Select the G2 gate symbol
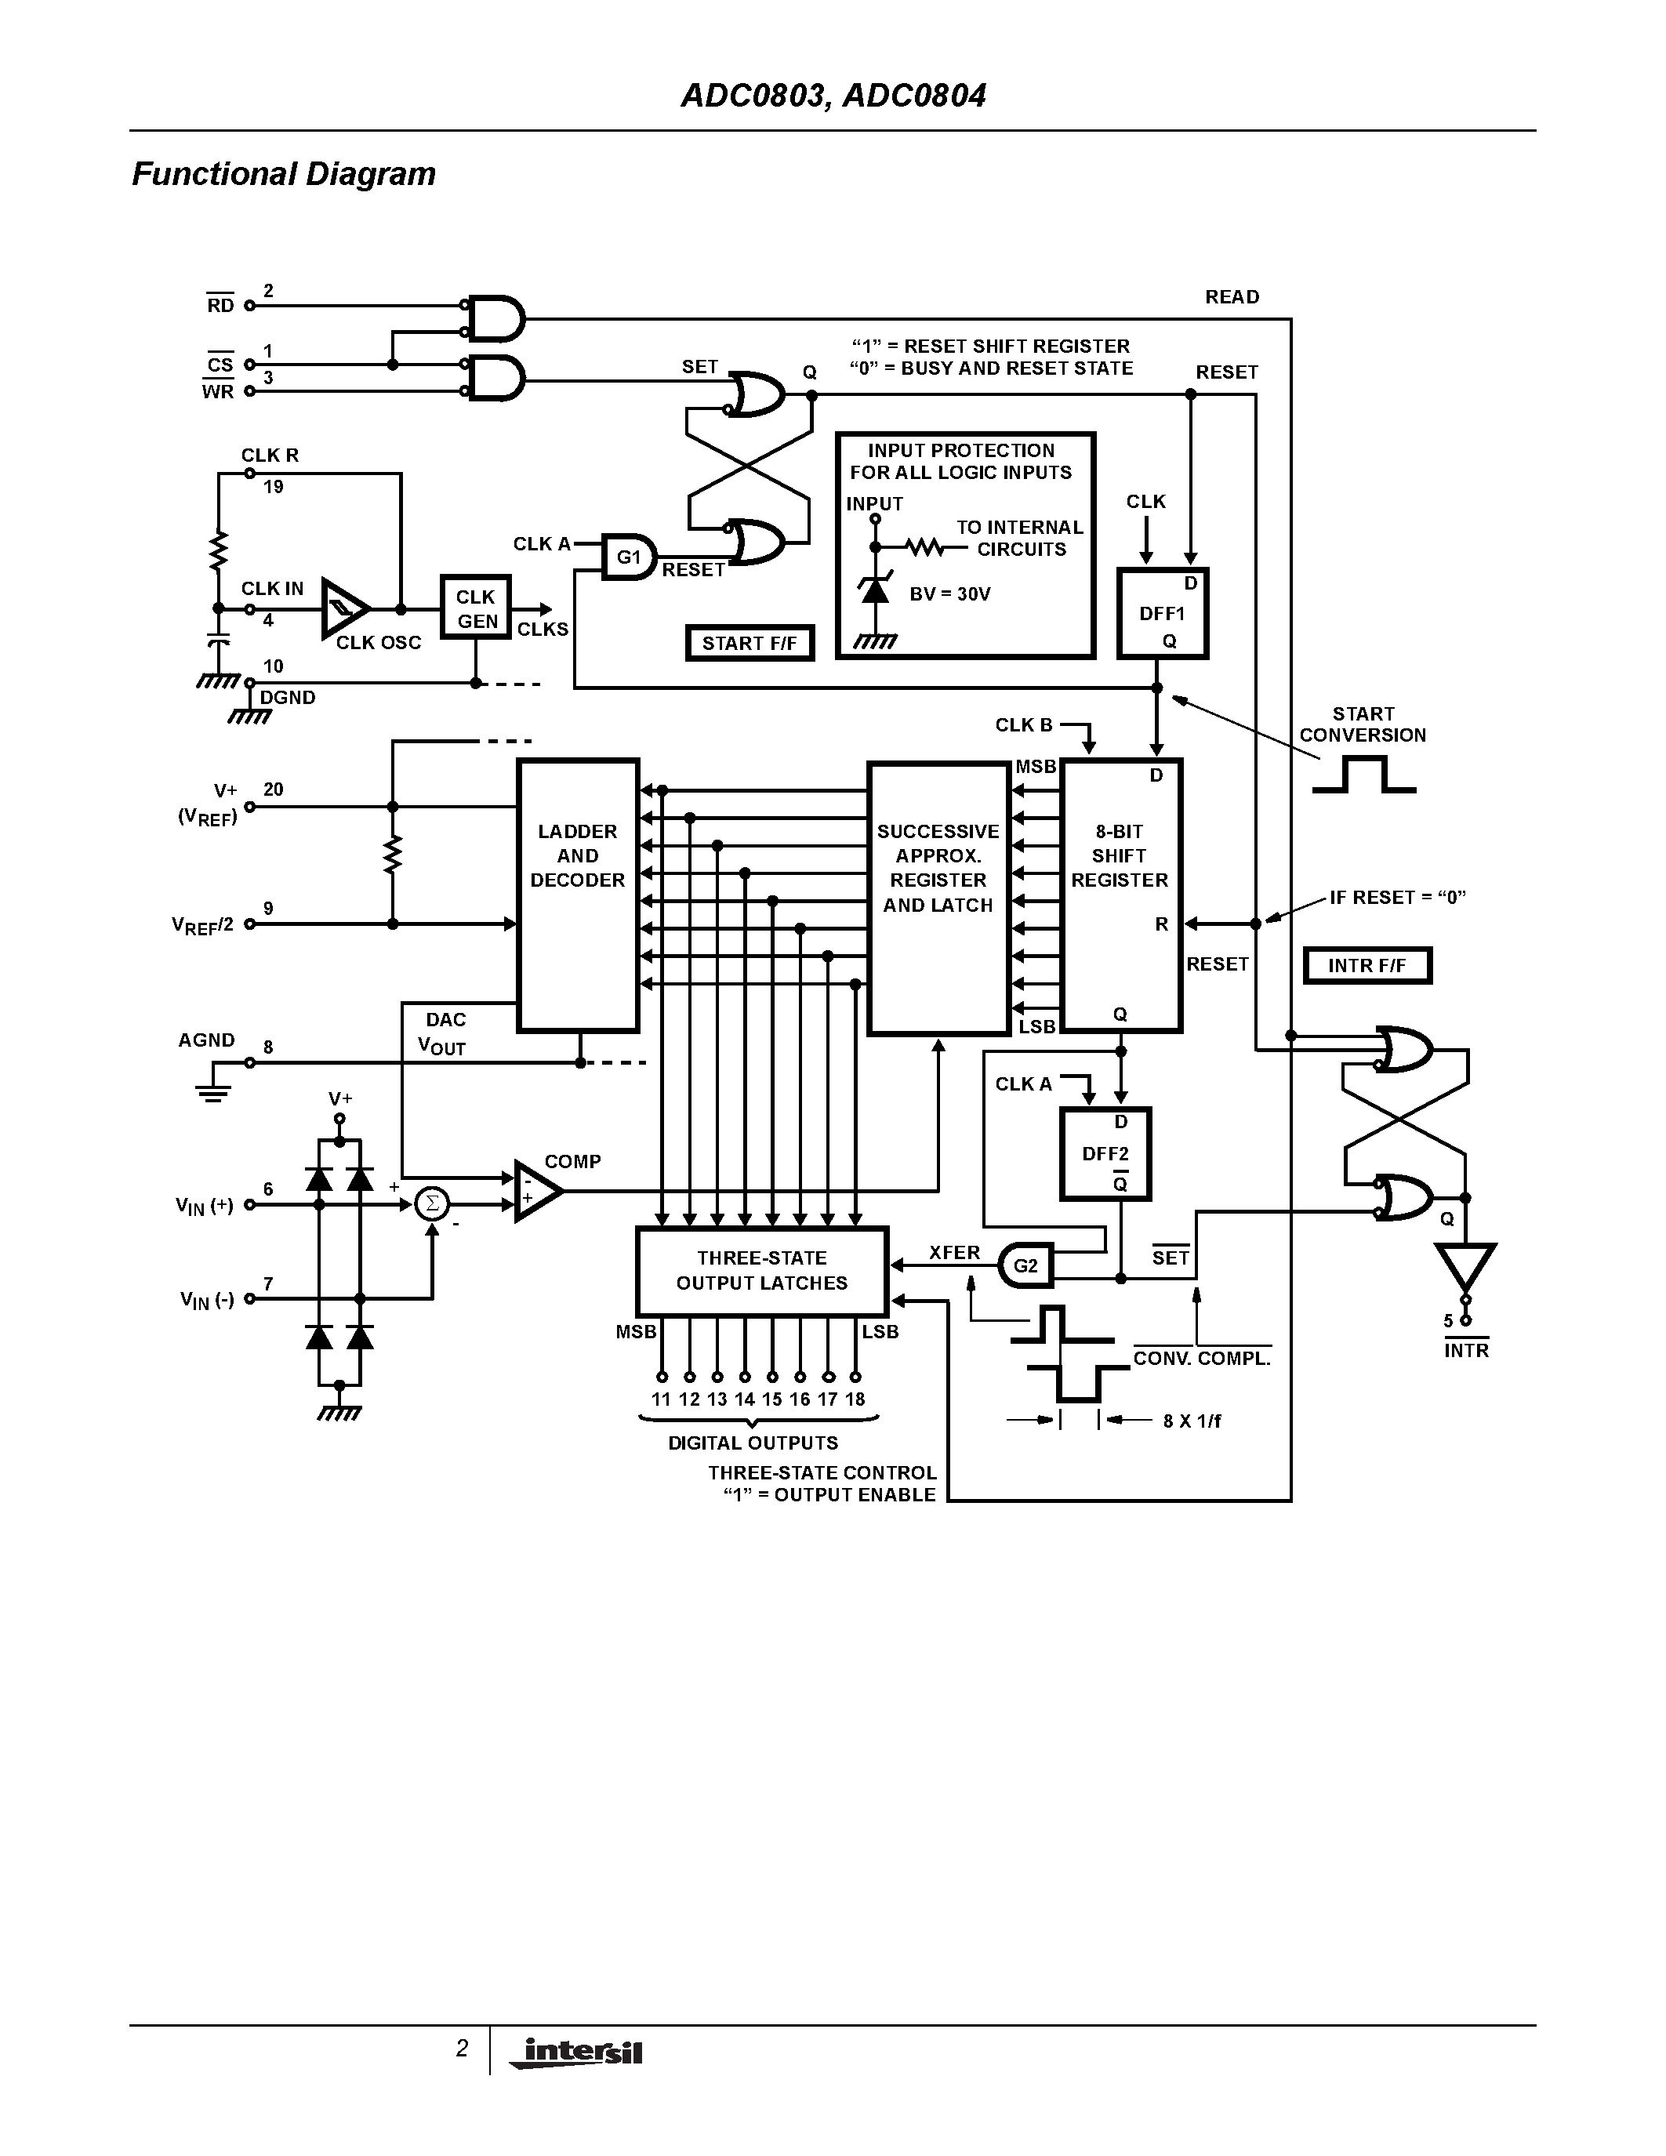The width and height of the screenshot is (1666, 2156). (x=1026, y=1265)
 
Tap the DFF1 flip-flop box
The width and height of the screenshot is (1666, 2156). (x=1163, y=613)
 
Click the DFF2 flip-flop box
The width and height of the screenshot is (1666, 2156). (x=1105, y=1153)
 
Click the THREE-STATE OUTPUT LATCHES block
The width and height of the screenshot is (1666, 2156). (x=762, y=1272)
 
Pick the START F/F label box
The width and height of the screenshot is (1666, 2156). (x=749, y=644)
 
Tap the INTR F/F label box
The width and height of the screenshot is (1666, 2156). (x=1367, y=965)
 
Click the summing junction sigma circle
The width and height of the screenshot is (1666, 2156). (x=431, y=1203)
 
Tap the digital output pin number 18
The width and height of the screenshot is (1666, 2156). (x=855, y=1399)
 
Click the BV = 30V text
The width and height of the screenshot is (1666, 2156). (x=949, y=594)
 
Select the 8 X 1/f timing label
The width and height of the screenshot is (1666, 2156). (x=1191, y=1421)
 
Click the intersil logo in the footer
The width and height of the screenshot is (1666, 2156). (x=577, y=2053)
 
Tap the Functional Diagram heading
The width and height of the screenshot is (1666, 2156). (x=283, y=174)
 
